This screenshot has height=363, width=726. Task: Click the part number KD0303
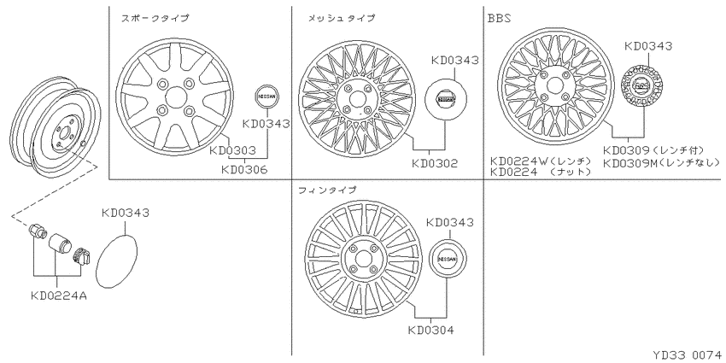pyautogui.click(x=232, y=150)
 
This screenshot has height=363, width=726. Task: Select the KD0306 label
pyautogui.click(x=244, y=170)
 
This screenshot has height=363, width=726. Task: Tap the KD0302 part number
pyautogui.click(x=434, y=163)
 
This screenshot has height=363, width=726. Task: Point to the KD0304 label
pyautogui.click(x=431, y=331)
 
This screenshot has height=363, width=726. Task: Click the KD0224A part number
pyautogui.click(x=59, y=295)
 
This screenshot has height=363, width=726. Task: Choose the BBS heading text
pyautogui.click(x=499, y=19)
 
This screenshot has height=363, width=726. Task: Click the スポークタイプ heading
pyautogui.click(x=155, y=19)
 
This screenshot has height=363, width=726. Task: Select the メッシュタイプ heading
pyautogui.click(x=342, y=19)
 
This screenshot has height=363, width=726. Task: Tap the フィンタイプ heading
pyautogui.click(x=328, y=190)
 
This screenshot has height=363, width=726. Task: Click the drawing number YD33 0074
pyautogui.click(x=687, y=355)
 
